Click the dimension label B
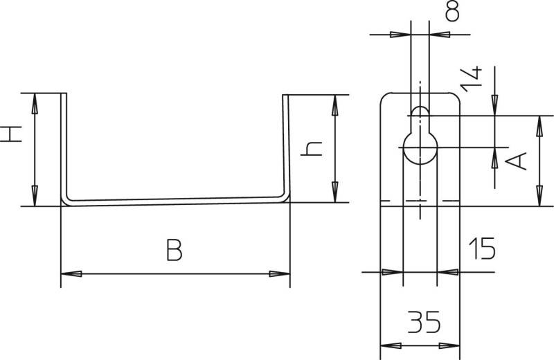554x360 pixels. (x=175, y=250)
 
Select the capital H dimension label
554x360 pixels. (x=10, y=134)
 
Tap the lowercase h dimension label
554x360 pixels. (x=311, y=149)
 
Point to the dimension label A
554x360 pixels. (x=516, y=161)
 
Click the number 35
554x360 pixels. (x=424, y=322)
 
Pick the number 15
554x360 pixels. (x=482, y=249)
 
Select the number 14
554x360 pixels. (x=472, y=79)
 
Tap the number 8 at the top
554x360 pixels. (x=452, y=11)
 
